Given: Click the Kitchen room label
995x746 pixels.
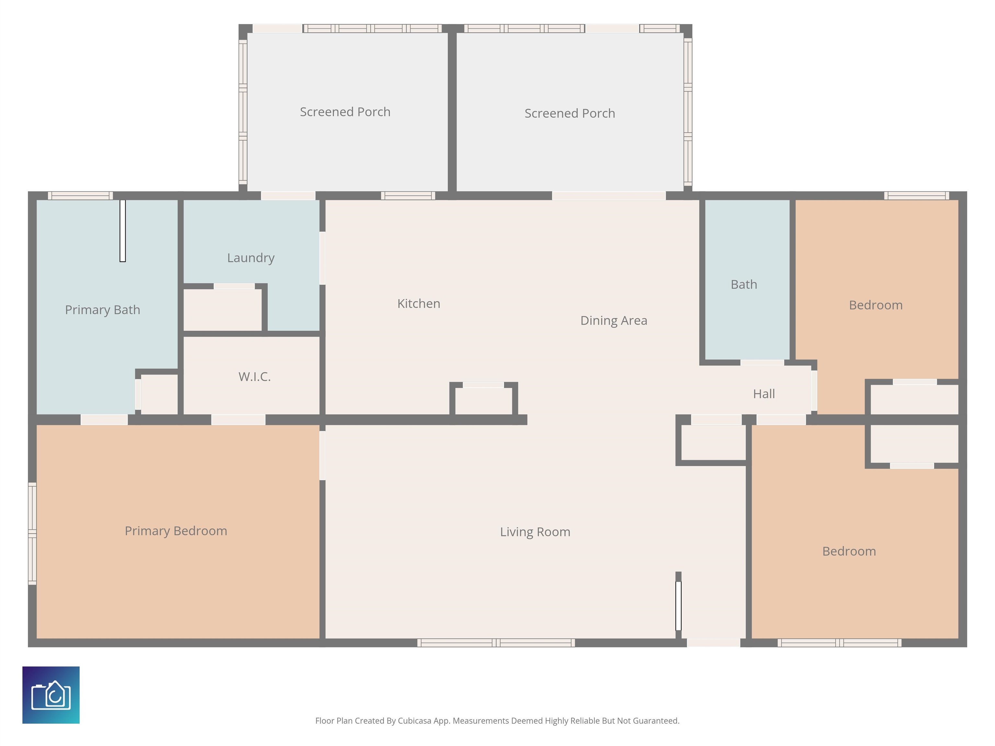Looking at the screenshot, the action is point(418,303).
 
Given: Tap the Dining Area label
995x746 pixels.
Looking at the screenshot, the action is point(613,321).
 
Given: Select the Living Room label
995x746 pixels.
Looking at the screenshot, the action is point(535,532).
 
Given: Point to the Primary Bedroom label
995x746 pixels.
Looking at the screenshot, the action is point(176,531).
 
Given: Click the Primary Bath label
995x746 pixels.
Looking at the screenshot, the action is point(103,310).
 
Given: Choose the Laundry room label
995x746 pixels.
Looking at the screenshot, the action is point(251,258).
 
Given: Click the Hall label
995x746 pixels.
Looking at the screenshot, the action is point(764,394).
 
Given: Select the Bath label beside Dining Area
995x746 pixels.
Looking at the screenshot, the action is point(744,285).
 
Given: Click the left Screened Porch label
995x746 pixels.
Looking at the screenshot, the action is point(345,112).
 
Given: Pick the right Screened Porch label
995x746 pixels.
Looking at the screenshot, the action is point(569,113).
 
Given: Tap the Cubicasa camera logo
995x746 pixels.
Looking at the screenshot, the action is point(51,695).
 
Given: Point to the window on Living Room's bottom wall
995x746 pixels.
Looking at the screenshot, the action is point(496,643).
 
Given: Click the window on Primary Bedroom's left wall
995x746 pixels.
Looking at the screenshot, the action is point(32,533).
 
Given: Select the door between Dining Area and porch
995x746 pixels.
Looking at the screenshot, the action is point(609,196).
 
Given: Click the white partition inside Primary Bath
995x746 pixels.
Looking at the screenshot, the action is point(122,231).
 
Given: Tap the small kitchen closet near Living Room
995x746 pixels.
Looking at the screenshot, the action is point(484,399).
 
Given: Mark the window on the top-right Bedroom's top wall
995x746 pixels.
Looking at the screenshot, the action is point(916,196).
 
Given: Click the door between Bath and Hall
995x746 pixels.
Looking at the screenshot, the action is point(762,362).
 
